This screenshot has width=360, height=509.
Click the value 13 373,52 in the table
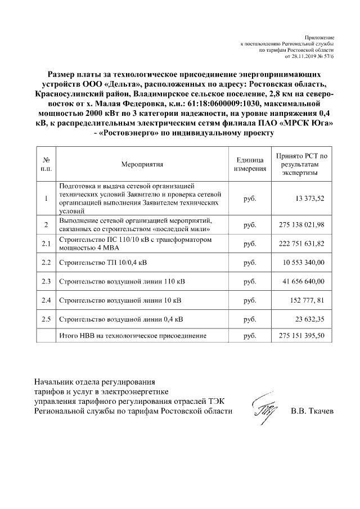310,198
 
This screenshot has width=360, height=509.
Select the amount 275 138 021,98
302,225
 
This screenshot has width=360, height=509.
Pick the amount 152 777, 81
308,300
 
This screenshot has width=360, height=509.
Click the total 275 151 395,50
302,336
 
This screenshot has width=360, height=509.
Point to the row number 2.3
46,281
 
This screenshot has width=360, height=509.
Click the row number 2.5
46,319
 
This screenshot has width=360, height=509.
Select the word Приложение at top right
321,36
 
